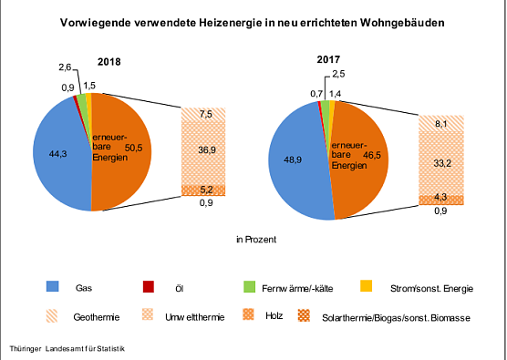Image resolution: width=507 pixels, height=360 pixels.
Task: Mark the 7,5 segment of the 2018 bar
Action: point(206,115)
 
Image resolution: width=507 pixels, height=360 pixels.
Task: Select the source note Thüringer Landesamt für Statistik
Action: point(66,349)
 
